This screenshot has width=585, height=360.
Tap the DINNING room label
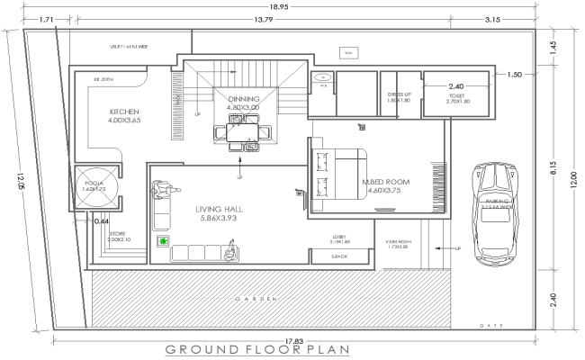(x=243, y=99)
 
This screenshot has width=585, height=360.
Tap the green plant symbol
(x=163, y=241)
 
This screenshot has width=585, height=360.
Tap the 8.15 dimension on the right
(x=556, y=166)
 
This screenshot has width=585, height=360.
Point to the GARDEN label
(x=256, y=298)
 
